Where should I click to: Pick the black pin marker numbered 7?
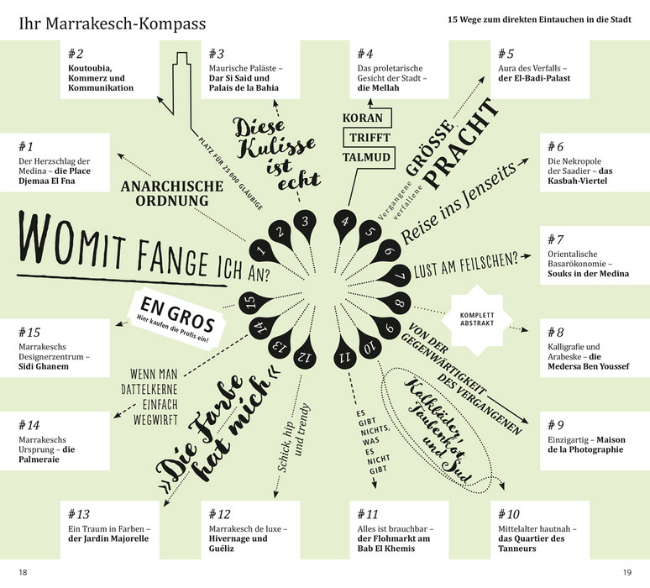point(395,276)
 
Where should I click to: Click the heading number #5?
point(506,54)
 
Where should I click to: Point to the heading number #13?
point(78,514)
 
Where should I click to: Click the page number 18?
point(23,572)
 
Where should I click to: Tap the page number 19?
point(627,572)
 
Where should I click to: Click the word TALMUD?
point(366,157)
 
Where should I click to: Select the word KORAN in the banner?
point(362,118)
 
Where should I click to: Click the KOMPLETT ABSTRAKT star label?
point(477,319)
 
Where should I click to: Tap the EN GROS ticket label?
point(177,318)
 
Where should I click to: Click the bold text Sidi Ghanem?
point(44,366)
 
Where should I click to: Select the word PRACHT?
point(461,143)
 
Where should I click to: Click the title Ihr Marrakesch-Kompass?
point(113,24)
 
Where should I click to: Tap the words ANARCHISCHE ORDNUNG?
point(172,193)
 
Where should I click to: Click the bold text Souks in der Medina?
point(588,274)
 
